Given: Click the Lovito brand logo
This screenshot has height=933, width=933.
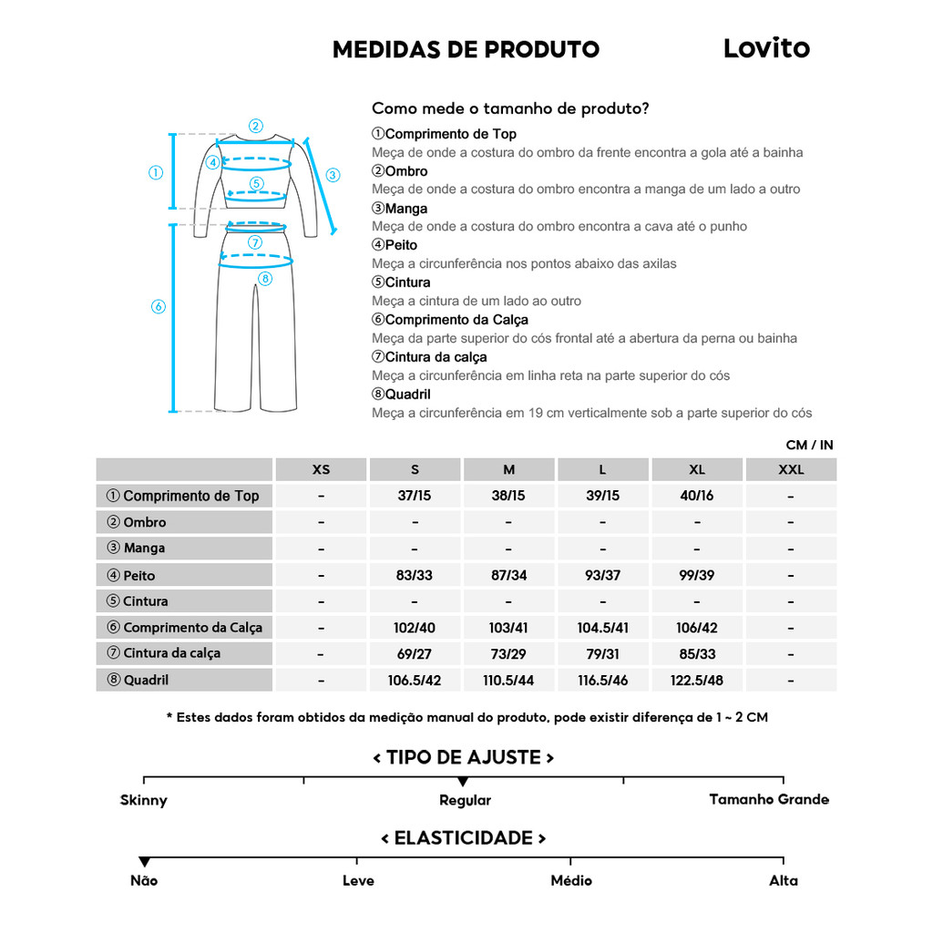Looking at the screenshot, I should coord(766,48).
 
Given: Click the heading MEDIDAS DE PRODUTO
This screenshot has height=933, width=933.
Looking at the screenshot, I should coord(466,49).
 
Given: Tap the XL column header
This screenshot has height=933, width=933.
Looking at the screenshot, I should coord(697,470).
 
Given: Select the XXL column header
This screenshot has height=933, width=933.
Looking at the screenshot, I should coord(791,470).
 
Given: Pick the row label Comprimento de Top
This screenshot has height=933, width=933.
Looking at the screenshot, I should coord(184,496).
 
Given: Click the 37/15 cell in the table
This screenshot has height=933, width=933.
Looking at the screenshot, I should coord(415,496).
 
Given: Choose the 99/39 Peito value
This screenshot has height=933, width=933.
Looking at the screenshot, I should coord(697,576).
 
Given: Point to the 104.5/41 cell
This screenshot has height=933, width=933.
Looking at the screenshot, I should coord(602,628).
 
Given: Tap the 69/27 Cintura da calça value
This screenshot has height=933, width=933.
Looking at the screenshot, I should coord(415,653).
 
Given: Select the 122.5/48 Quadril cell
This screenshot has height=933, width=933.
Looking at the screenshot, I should coord(697,680).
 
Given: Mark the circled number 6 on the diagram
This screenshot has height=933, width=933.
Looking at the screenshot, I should coord(158,306).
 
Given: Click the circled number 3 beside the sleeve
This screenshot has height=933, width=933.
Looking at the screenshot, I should coord(333,175).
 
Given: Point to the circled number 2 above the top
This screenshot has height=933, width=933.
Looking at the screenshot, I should coord(256,127).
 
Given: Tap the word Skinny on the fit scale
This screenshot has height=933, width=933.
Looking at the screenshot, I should coord(144,801).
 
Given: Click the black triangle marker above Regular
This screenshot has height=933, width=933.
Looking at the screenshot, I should coord(463,782).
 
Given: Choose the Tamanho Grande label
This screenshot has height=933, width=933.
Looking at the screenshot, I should coord(769,800).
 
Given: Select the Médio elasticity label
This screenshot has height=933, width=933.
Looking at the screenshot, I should coord(571,881).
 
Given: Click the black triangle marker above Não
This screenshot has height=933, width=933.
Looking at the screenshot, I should coord(144,862).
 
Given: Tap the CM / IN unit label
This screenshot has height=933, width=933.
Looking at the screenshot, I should coord(809,446).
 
